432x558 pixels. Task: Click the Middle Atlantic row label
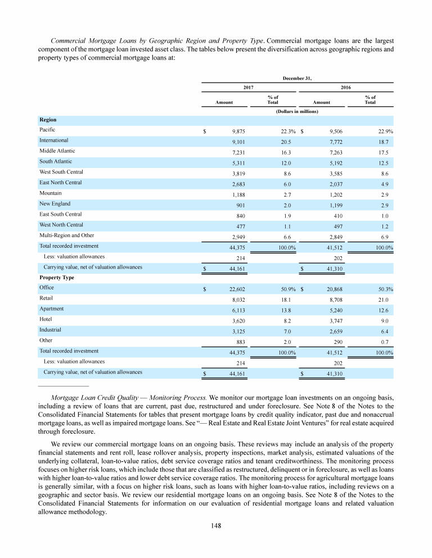[57, 151]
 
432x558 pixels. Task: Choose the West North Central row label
[61, 225]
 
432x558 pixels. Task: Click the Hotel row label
[46, 319]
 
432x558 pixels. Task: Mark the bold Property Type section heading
[57, 278]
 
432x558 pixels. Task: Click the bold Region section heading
[48, 120]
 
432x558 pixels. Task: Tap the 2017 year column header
[248, 88]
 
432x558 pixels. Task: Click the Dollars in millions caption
[297, 112]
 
